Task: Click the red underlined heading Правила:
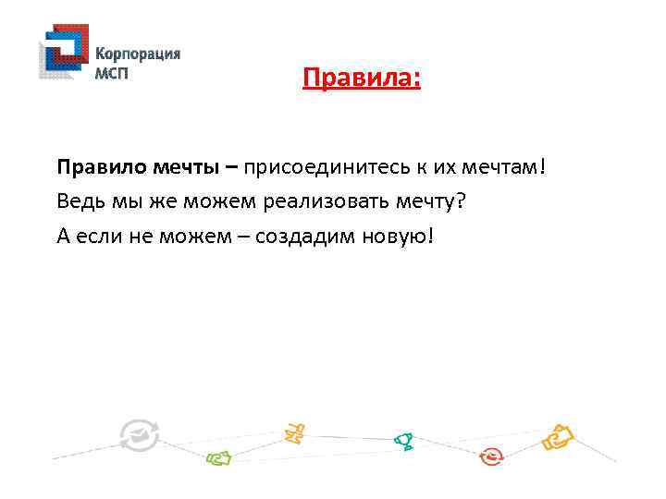(362, 79)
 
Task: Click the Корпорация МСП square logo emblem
(64, 53)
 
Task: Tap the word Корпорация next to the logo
(138, 54)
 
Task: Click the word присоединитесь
(319, 168)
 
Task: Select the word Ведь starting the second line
(77, 201)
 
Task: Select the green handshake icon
(218, 456)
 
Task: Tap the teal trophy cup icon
(403, 441)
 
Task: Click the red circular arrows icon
(492, 456)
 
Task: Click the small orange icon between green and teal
(294, 431)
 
